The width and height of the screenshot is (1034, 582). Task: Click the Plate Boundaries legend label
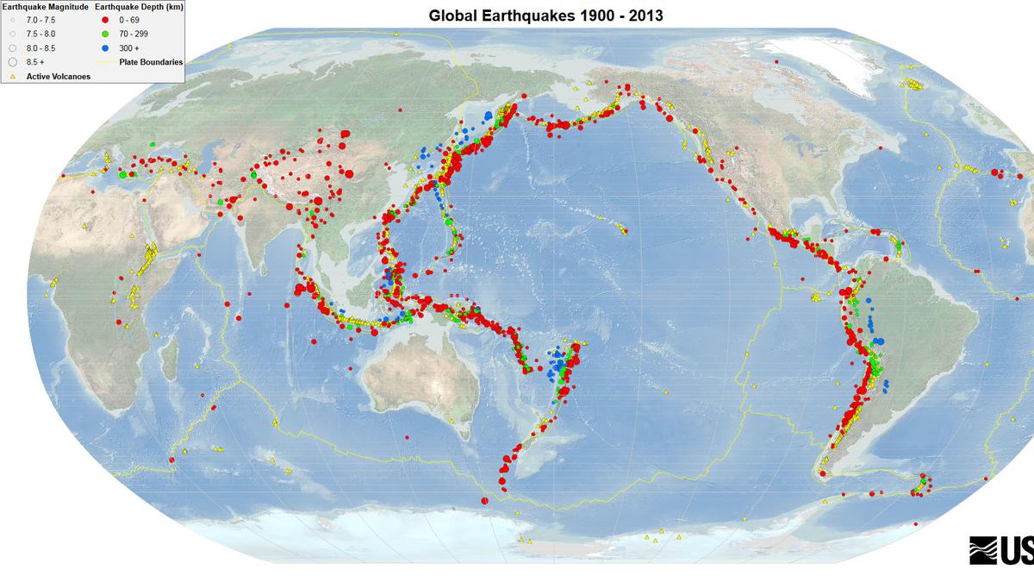(151, 61)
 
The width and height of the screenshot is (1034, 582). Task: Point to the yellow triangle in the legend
(13, 76)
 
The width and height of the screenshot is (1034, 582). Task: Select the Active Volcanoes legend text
(59, 76)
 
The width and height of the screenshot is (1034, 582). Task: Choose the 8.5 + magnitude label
(36, 61)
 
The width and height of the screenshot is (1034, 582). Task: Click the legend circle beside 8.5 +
(13, 61)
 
